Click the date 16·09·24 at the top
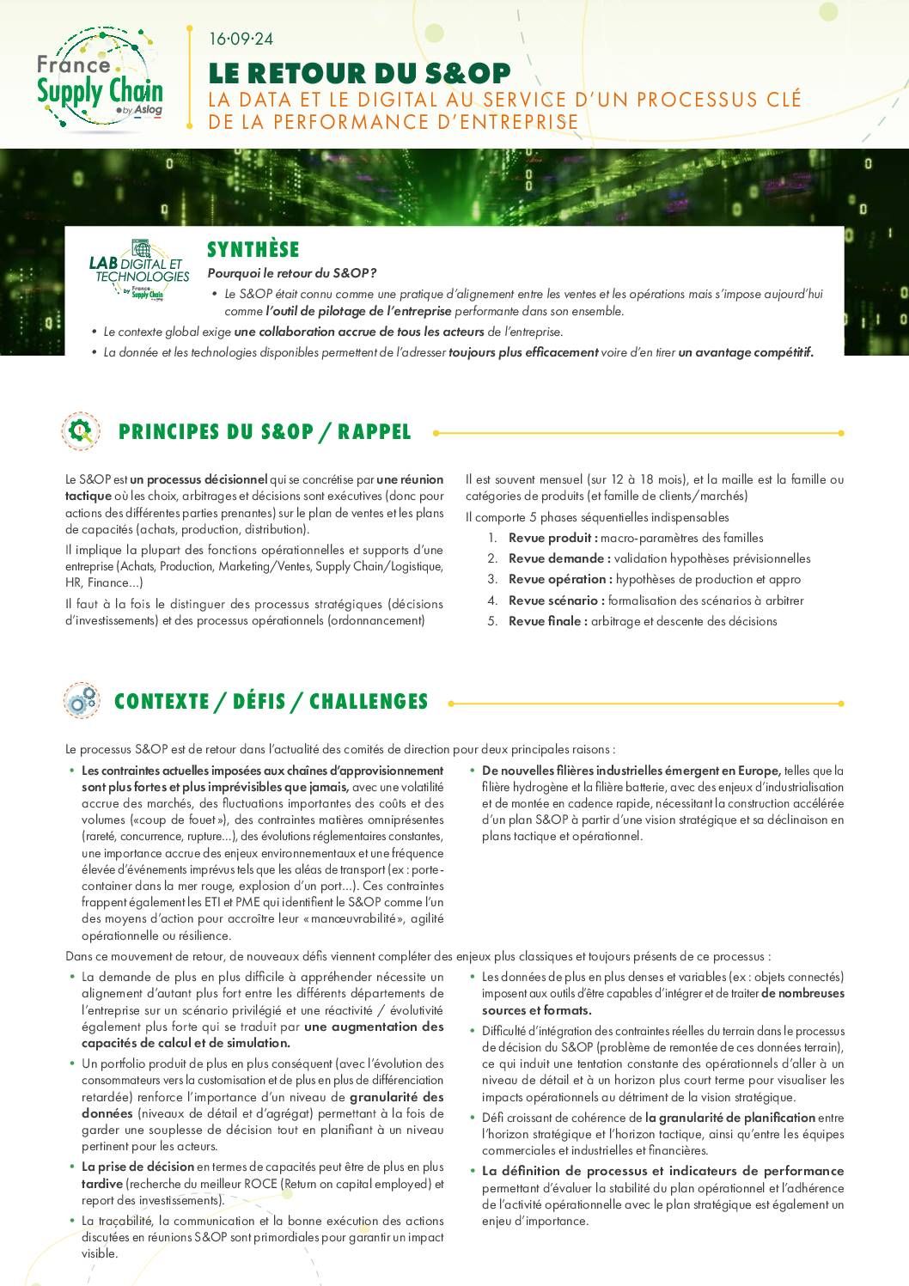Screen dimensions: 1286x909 click(x=241, y=39)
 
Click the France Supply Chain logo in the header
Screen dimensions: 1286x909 click(x=99, y=81)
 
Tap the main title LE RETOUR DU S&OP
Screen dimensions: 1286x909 click(x=359, y=73)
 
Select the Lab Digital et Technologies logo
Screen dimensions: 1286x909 click(x=139, y=271)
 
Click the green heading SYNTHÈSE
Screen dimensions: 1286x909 click(x=253, y=250)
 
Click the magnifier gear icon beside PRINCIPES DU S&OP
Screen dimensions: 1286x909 click(x=81, y=431)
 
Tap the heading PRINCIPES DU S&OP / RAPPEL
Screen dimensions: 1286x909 click(x=265, y=432)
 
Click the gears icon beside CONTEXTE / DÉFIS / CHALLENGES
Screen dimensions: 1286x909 click(x=81, y=701)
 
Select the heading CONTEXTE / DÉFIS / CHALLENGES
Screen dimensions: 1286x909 click(x=271, y=702)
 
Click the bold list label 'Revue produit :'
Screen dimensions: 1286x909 click(x=552, y=538)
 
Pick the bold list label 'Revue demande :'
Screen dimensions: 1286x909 click(x=559, y=558)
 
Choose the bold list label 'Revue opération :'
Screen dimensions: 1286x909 click(x=560, y=580)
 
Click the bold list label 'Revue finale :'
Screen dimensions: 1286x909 click(x=548, y=621)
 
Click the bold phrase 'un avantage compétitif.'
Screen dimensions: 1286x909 click(x=746, y=352)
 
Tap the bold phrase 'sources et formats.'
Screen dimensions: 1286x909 click(x=536, y=1010)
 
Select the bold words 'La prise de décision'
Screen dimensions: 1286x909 click(x=137, y=1167)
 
